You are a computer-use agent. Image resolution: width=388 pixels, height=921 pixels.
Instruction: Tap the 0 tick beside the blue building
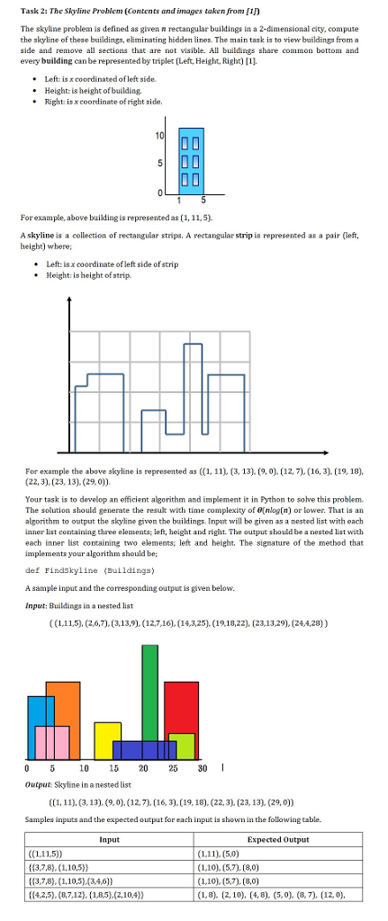(x=161, y=192)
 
